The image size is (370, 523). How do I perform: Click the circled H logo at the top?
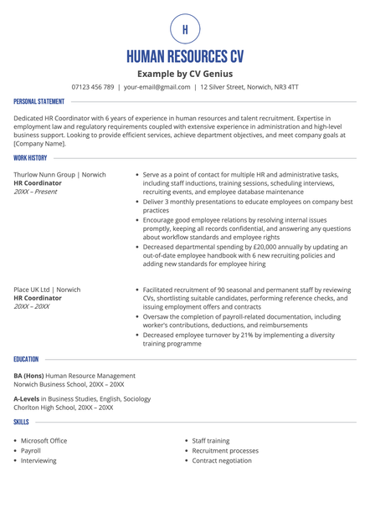185,29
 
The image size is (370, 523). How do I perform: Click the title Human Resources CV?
185,57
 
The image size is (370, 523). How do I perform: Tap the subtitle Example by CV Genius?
185,74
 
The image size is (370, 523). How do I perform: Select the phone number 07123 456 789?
92,87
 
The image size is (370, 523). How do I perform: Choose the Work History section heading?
30,157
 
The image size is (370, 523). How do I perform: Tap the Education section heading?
26,359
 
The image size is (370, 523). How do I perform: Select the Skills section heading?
21,423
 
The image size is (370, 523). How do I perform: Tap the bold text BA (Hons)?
28,376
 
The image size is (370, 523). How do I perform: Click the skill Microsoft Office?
44,440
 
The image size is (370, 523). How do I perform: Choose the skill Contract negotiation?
221,460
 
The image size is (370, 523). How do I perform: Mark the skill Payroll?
30,450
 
